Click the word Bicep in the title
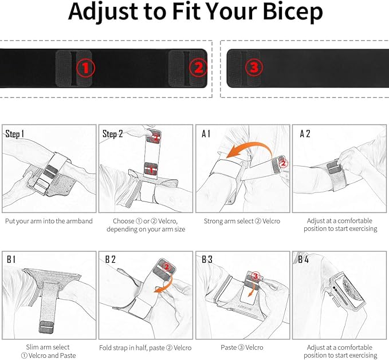293,12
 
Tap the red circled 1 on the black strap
85,68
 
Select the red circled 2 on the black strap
198,68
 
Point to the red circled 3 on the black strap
254,67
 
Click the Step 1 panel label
15,134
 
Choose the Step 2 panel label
113,134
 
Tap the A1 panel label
206,134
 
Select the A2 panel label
305,134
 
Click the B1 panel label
11,259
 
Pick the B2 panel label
111,259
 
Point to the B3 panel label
207,259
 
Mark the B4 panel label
304,259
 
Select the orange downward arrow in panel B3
253,290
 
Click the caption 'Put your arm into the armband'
49,221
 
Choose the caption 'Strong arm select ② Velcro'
242,221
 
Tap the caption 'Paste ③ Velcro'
242,347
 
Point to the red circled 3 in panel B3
256,276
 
